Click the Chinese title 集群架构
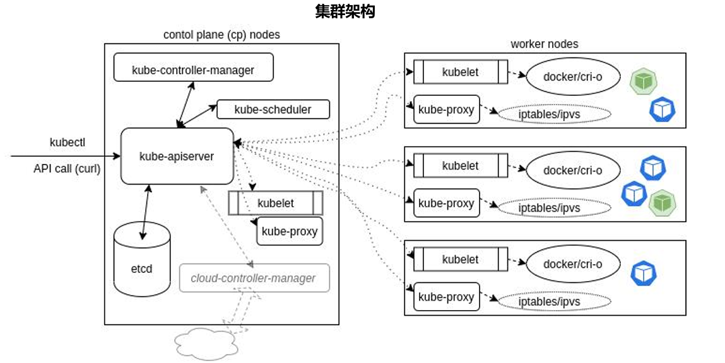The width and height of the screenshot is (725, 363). click(x=345, y=11)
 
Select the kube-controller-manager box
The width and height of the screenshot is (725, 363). click(x=193, y=67)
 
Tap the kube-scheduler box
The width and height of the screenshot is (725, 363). click(x=273, y=110)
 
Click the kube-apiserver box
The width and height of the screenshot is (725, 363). click(x=177, y=156)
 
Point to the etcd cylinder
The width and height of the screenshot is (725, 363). click(x=142, y=260)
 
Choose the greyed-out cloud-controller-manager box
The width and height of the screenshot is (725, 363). click(x=254, y=278)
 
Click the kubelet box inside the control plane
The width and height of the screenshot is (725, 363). click(x=276, y=203)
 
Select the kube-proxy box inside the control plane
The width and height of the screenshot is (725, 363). click(x=290, y=231)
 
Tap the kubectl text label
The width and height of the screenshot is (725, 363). click(x=68, y=142)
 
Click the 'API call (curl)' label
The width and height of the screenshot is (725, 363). click(x=67, y=168)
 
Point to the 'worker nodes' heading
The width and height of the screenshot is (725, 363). click(x=544, y=44)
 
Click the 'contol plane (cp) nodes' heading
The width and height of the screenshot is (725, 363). click(x=221, y=35)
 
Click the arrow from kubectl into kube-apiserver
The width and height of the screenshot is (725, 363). click(x=66, y=156)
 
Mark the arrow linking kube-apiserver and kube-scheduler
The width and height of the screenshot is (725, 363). click(x=197, y=115)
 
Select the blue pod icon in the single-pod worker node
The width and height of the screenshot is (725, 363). click(x=644, y=273)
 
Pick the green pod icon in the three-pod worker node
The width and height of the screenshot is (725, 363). click(x=662, y=203)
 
